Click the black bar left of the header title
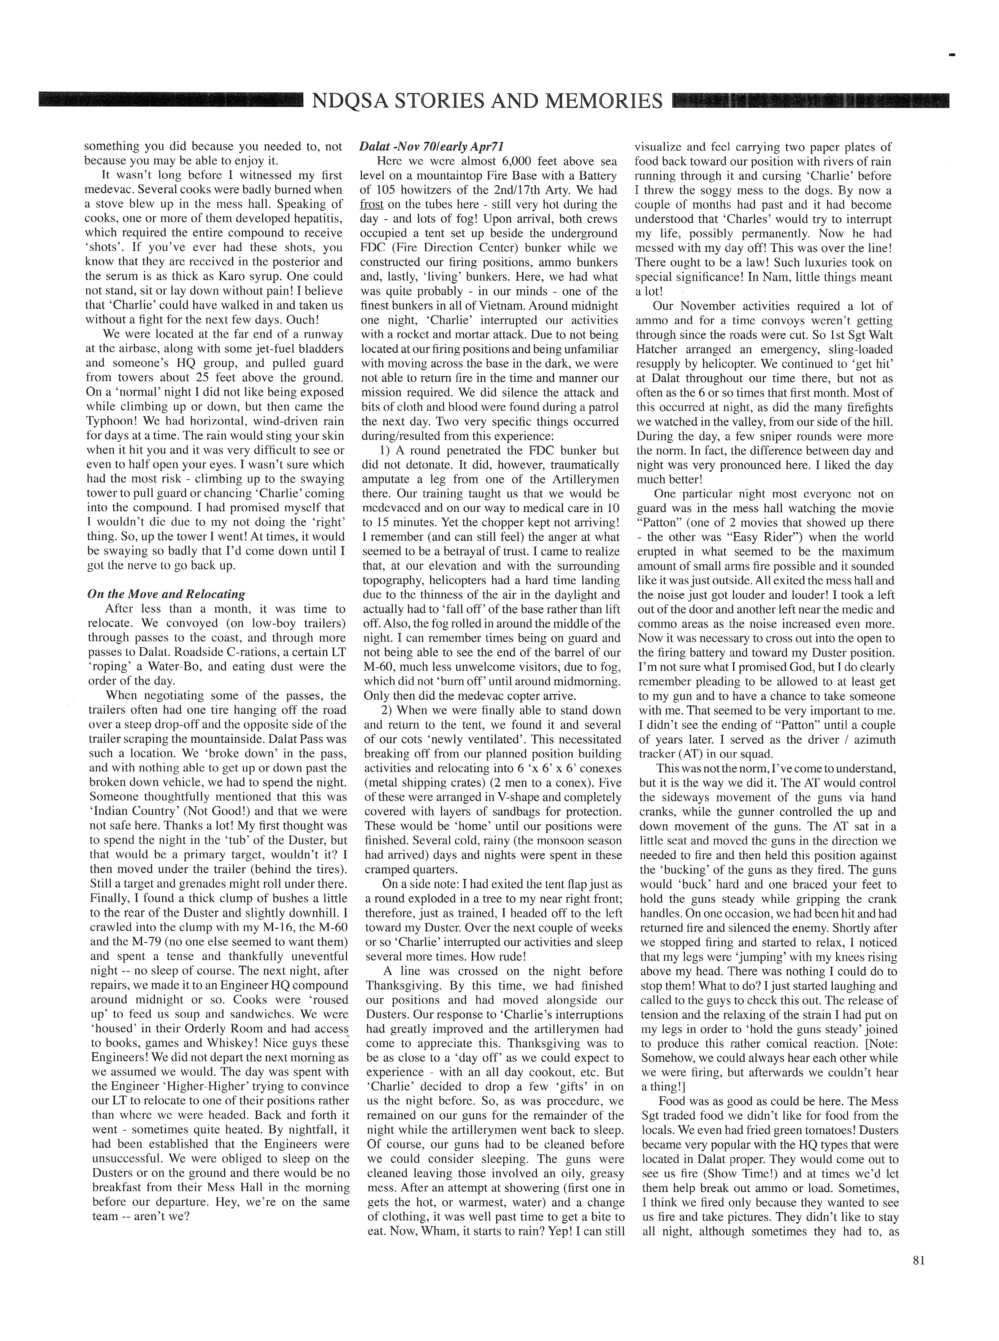(x=169, y=100)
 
